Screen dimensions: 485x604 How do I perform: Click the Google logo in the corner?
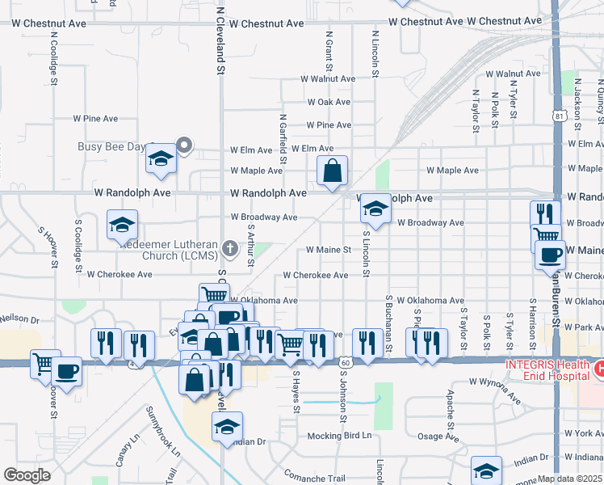(27, 474)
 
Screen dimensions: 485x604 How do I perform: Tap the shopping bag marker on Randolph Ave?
(332, 171)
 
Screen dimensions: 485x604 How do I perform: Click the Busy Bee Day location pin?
(184, 146)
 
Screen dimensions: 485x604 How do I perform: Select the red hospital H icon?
(599, 369)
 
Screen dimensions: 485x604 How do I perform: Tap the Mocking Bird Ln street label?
(339, 436)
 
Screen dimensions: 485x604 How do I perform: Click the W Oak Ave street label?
(329, 102)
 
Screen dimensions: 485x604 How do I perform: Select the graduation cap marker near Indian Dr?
(227, 426)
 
